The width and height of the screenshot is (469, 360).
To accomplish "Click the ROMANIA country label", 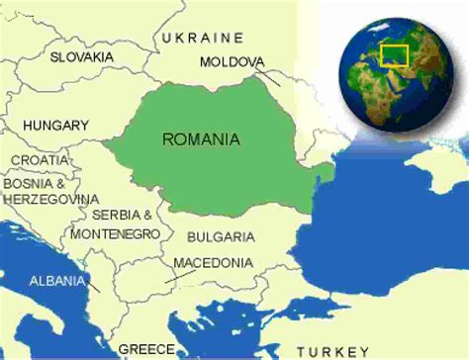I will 201,139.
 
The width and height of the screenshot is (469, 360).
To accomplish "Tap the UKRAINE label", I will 202,38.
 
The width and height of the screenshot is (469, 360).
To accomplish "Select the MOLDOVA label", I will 232,62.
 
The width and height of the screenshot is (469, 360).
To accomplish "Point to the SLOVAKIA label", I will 82,57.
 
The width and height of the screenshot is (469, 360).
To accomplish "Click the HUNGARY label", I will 55,126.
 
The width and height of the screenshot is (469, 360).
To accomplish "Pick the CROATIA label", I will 41,160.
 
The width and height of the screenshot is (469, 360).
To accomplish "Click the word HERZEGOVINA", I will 48,199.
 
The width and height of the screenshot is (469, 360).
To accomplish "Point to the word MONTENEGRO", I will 115,232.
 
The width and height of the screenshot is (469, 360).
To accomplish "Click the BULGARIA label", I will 220,237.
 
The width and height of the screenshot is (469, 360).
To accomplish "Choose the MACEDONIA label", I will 212,263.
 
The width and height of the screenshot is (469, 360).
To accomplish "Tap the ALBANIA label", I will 56,280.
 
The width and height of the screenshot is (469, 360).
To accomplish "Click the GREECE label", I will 146,349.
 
